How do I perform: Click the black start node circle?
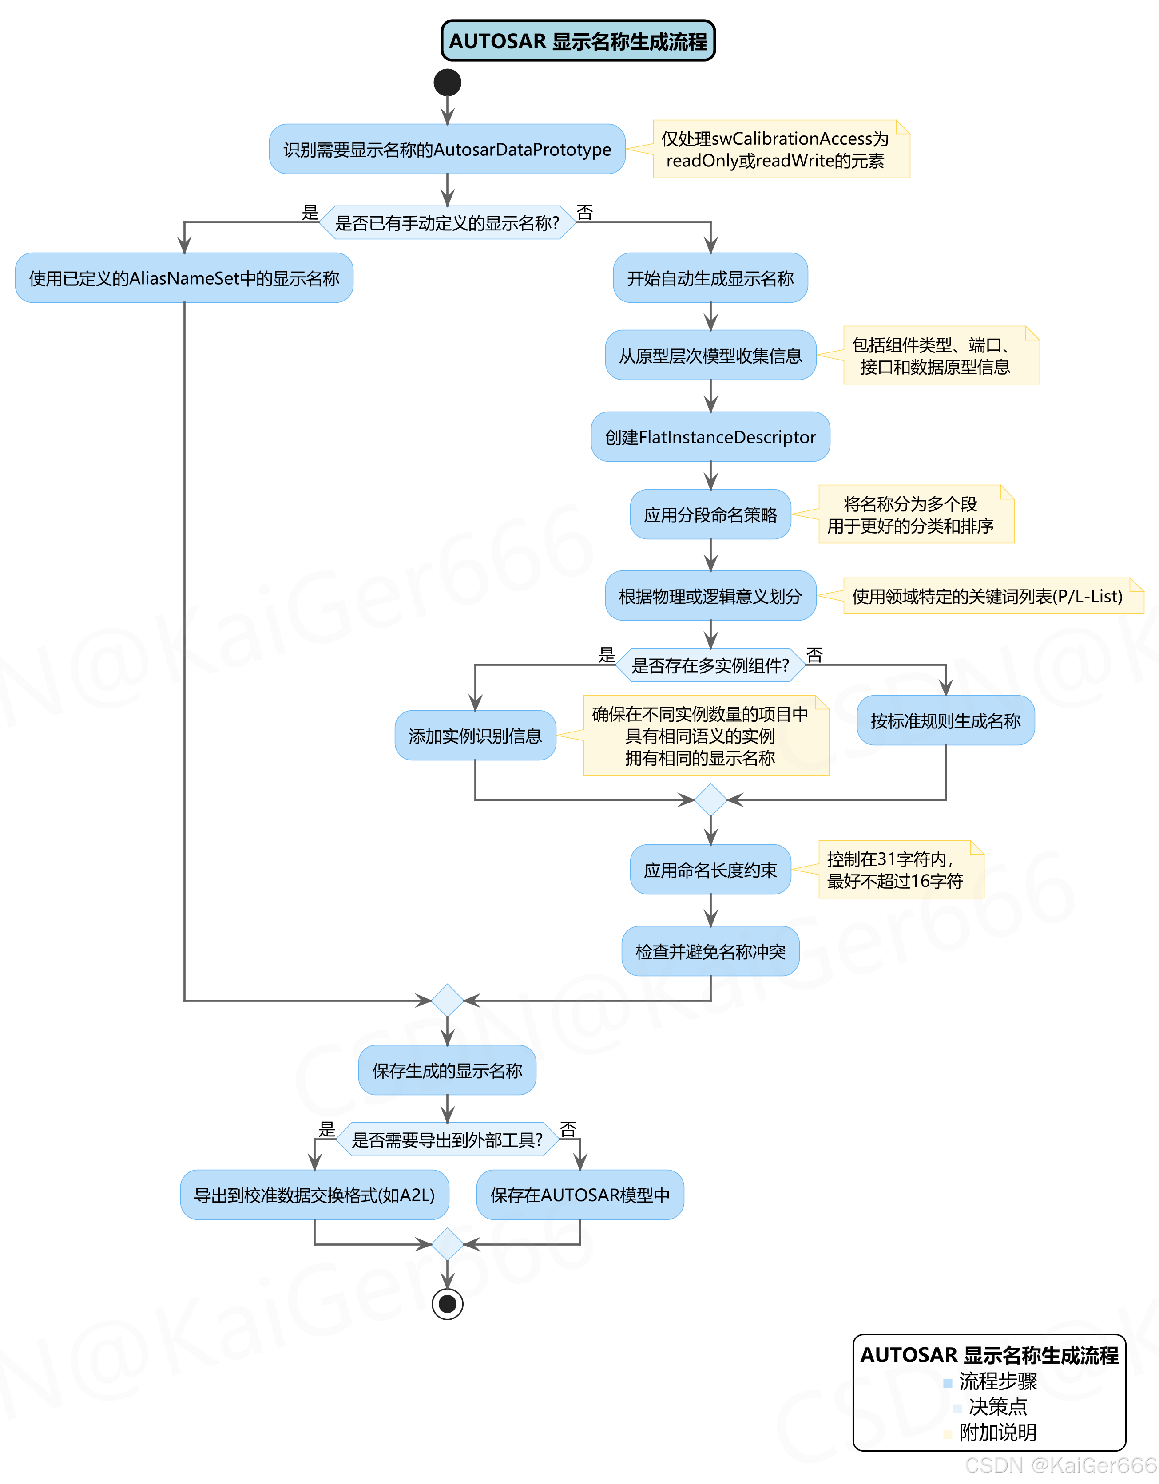pos(447,82)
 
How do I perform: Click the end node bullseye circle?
pos(447,1303)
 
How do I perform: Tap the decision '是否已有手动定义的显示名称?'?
pos(447,223)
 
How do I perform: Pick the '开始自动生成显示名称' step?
pos(710,278)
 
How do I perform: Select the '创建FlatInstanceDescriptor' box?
pos(710,437)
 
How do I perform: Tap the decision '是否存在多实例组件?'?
pos(710,665)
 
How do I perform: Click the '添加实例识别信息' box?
pos(475,735)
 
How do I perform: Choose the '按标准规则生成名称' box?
pos(945,720)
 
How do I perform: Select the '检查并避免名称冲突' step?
pos(710,951)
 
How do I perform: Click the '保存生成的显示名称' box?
pos(447,1070)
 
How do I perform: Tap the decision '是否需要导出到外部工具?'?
pos(447,1140)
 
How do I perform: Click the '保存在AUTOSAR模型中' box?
pos(580,1195)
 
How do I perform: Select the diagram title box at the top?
pos(578,41)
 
